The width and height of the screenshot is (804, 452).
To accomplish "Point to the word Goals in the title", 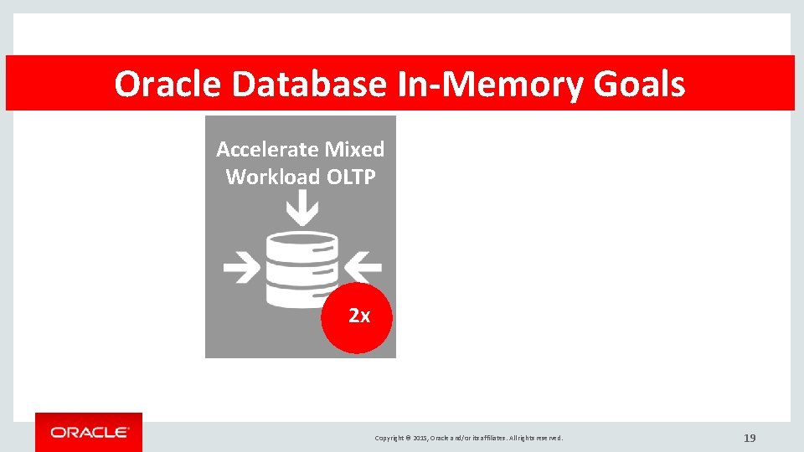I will pos(639,85).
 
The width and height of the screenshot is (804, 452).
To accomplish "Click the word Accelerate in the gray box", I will pos(268,149).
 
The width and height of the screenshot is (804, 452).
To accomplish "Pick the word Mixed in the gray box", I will pos(354,149).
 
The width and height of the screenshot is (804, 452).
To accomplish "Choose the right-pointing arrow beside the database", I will pos(242,268).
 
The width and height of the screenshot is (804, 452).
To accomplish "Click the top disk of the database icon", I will pos(301,244).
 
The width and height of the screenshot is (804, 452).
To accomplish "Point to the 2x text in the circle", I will pos(358,316).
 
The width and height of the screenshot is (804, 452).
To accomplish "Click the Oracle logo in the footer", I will pos(89,432).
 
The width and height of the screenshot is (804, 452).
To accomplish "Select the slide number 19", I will pos(750,438).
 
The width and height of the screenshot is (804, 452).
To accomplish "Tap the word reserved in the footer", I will pos(549,439).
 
